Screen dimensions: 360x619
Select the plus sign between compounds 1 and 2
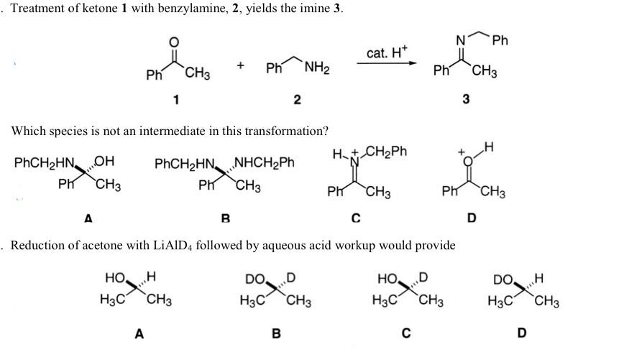240,66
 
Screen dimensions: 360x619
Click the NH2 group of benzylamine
316,69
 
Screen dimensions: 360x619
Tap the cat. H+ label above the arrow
387,52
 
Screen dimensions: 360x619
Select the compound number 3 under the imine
467,99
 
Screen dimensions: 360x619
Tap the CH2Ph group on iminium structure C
390,152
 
